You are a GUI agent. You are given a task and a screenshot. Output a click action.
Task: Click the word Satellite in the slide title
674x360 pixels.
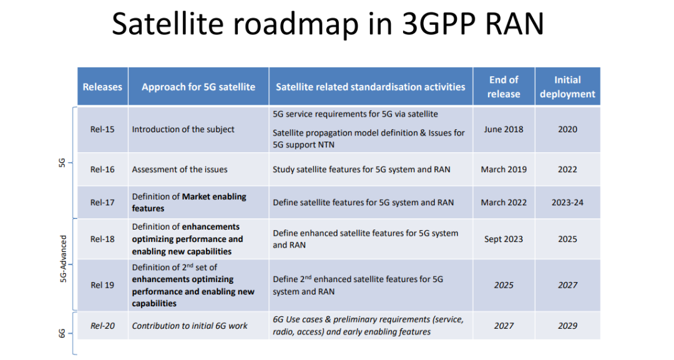click(x=168, y=25)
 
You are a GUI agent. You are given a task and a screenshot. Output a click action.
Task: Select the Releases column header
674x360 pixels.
click(x=102, y=87)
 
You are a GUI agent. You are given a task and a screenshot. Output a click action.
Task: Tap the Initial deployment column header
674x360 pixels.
click(x=567, y=87)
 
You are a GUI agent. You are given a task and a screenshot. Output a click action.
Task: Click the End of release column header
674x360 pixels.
click(x=504, y=87)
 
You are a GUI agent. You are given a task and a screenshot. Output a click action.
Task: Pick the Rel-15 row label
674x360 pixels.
click(x=102, y=129)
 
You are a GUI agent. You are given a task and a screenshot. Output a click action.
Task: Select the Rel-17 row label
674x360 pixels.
click(x=102, y=202)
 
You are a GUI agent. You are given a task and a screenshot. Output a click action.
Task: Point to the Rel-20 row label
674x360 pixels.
click(x=102, y=325)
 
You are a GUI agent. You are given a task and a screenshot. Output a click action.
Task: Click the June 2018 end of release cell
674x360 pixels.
click(x=504, y=129)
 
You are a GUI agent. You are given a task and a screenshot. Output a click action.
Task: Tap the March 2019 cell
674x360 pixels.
click(x=504, y=169)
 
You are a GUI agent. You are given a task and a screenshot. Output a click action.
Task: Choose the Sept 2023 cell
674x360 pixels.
click(x=504, y=239)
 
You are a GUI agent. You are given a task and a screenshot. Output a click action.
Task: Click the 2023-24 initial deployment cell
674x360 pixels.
click(x=567, y=202)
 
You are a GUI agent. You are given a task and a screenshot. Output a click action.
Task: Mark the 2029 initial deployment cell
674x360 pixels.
click(x=567, y=325)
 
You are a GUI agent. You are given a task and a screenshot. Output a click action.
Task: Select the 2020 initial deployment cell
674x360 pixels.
click(x=567, y=129)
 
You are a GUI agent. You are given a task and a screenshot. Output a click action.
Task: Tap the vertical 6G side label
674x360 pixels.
click(x=62, y=334)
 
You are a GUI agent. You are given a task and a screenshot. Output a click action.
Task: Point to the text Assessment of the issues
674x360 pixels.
click(x=180, y=169)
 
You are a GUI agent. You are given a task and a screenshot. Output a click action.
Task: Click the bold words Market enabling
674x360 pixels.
click(x=214, y=197)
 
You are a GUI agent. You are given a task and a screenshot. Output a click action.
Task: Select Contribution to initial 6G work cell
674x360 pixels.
click(x=190, y=325)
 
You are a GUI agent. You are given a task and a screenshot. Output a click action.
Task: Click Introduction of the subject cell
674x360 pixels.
click(x=183, y=129)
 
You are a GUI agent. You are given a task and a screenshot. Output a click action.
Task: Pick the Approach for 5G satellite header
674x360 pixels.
click(x=198, y=87)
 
